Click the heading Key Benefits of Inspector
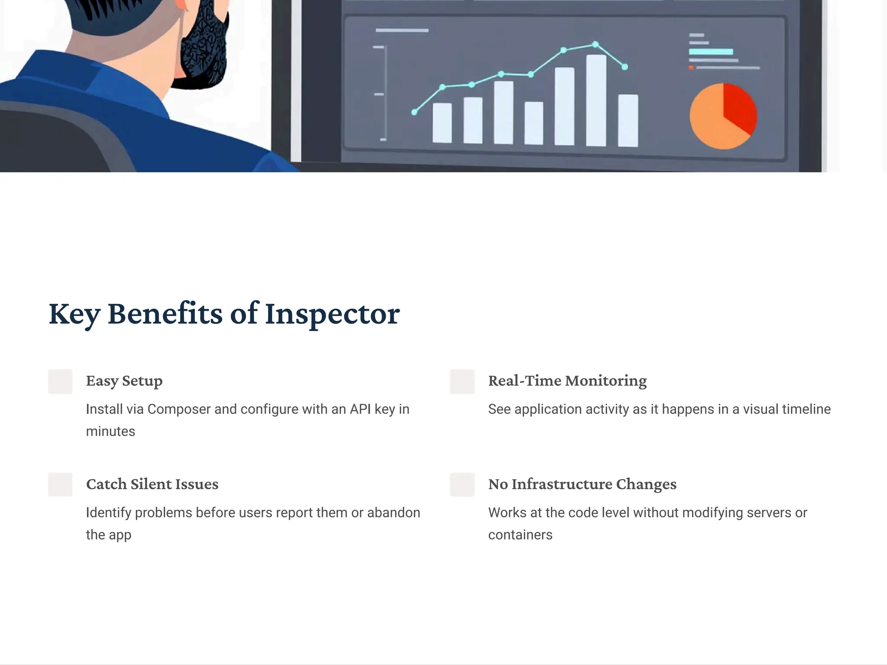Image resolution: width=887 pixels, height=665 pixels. (x=224, y=313)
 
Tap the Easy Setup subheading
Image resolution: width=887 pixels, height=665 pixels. (x=124, y=381)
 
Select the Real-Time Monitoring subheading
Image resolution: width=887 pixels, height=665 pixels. (x=567, y=381)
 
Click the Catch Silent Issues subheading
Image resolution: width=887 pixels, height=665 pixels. (x=152, y=484)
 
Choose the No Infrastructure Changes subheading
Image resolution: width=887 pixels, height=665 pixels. (x=582, y=484)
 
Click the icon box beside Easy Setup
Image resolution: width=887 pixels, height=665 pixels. (x=60, y=381)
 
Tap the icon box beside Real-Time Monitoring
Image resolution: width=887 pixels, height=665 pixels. (x=462, y=381)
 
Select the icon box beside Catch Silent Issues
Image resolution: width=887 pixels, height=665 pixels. (x=60, y=484)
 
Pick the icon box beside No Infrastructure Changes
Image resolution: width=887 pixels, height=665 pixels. (x=462, y=484)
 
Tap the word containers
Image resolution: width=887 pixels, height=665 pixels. (x=520, y=535)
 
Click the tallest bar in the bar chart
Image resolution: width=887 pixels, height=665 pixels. (x=596, y=100)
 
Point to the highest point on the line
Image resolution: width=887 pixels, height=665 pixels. (x=596, y=44)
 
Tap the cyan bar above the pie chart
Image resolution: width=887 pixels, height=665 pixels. (x=711, y=52)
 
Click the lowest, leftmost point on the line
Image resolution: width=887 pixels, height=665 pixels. (x=414, y=112)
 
